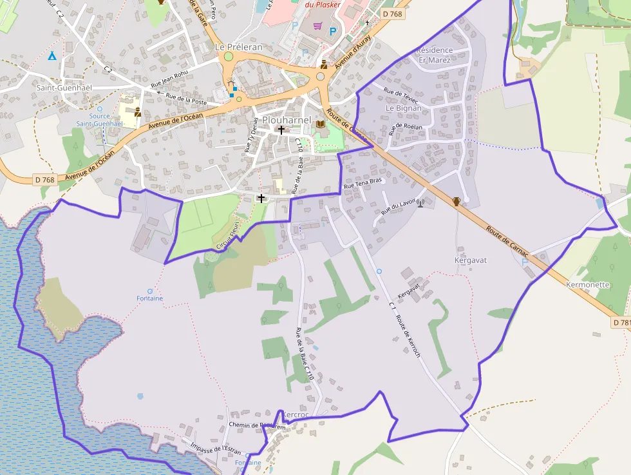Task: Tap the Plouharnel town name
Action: [287, 121]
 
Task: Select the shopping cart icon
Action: [317, 26]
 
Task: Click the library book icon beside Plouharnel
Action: [320, 117]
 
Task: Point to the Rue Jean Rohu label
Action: [169, 79]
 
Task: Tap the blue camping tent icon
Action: [52, 55]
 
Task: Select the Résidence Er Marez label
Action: [435, 55]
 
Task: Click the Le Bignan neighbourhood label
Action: [404, 108]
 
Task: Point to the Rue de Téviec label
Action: [400, 95]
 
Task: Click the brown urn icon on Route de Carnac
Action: [457, 202]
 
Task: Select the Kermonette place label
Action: [587, 284]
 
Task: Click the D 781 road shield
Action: [621, 322]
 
